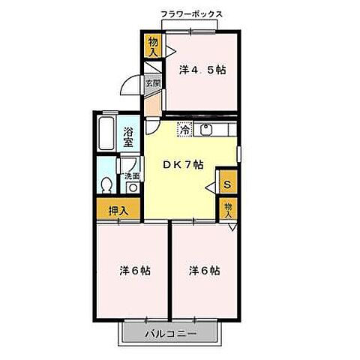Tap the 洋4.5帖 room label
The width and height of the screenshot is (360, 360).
pyautogui.click(x=202, y=70)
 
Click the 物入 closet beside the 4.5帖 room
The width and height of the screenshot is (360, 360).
pyautogui.click(x=153, y=46)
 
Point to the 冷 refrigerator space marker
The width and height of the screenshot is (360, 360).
pyautogui.click(x=184, y=130)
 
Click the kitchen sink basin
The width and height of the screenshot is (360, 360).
pyautogui.click(x=205, y=130)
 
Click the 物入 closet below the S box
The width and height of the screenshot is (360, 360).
pyautogui.click(x=227, y=207)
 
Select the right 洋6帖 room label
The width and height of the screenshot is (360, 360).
pyautogui.click(x=203, y=270)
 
